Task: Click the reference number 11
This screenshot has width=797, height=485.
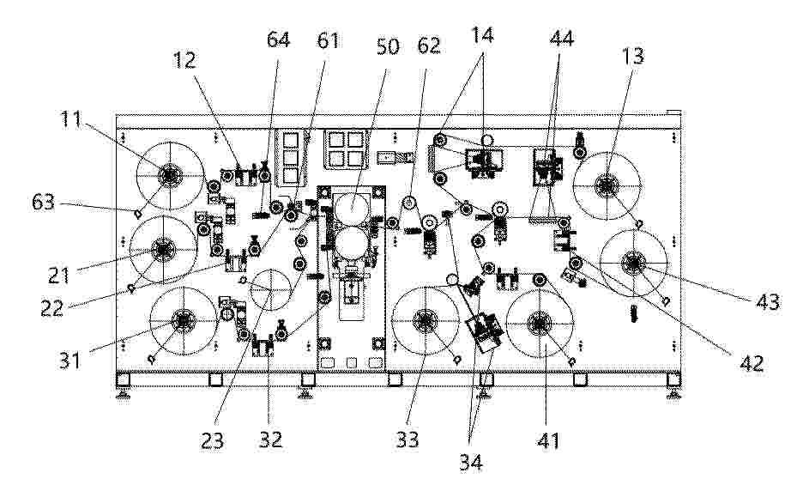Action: [x=71, y=119]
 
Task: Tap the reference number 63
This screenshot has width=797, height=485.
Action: [x=43, y=203]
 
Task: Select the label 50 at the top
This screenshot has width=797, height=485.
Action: [x=388, y=46]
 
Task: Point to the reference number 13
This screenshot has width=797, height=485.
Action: [x=633, y=56]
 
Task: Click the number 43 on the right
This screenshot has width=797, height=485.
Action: [x=768, y=302]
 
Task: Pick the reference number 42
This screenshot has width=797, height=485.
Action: [x=752, y=363]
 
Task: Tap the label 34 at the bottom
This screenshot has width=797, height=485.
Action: [x=471, y=463]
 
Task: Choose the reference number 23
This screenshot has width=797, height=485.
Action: [x=212, y=440]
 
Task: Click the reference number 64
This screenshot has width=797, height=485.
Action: [x=279, y=39]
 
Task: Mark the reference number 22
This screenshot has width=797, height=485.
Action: [x=51, y=308]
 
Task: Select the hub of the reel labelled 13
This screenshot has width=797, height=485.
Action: [x=606, y=185]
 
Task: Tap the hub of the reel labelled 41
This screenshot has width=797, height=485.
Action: [x=540, y=322]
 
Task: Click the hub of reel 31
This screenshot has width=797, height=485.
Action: [x=183, y=321]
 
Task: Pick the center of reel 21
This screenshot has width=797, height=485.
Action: [x=163, y=250]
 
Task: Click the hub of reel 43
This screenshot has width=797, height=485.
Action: [x=633, y=263]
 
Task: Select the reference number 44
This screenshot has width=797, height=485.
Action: [x=562, y=39]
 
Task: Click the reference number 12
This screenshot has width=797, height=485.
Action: [x=184, y=60]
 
